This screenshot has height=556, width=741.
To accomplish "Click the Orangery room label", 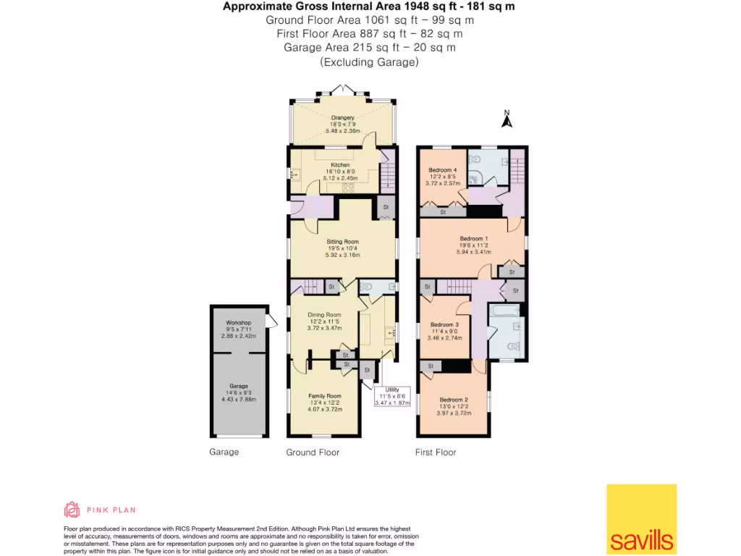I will click(x=342, y=117).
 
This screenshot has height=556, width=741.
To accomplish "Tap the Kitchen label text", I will click(x=340, y=164).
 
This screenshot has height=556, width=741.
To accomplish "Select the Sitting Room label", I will click(x=342, y=242).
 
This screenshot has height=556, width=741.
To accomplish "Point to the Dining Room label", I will click(x=324, y=314).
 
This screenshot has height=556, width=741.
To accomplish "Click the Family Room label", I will click(x=324, y=396).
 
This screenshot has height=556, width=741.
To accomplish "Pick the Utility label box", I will click(x=391, y=397).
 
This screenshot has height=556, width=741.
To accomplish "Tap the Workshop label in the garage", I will click(x=238, y=323).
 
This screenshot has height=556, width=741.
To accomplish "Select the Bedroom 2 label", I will click(x=454, y=400).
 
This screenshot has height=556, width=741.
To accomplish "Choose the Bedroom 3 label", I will click(x=444, y=325).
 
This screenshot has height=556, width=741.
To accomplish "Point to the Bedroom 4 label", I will click(x=441, y=170).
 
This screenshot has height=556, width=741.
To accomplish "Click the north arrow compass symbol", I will click(x=507, y=119).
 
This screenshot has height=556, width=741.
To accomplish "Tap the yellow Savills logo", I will click(x=641, y=518).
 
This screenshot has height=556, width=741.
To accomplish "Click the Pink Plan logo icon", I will click(x=72, y=510).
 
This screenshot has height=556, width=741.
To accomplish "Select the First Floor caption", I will click(x=436, y=452).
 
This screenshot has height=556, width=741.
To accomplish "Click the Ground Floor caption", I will click(x=313, y=452).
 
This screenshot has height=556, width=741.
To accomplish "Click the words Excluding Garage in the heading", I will click(x=370, y=62).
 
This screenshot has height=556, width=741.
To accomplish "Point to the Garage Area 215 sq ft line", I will click(x=370, y=47).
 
